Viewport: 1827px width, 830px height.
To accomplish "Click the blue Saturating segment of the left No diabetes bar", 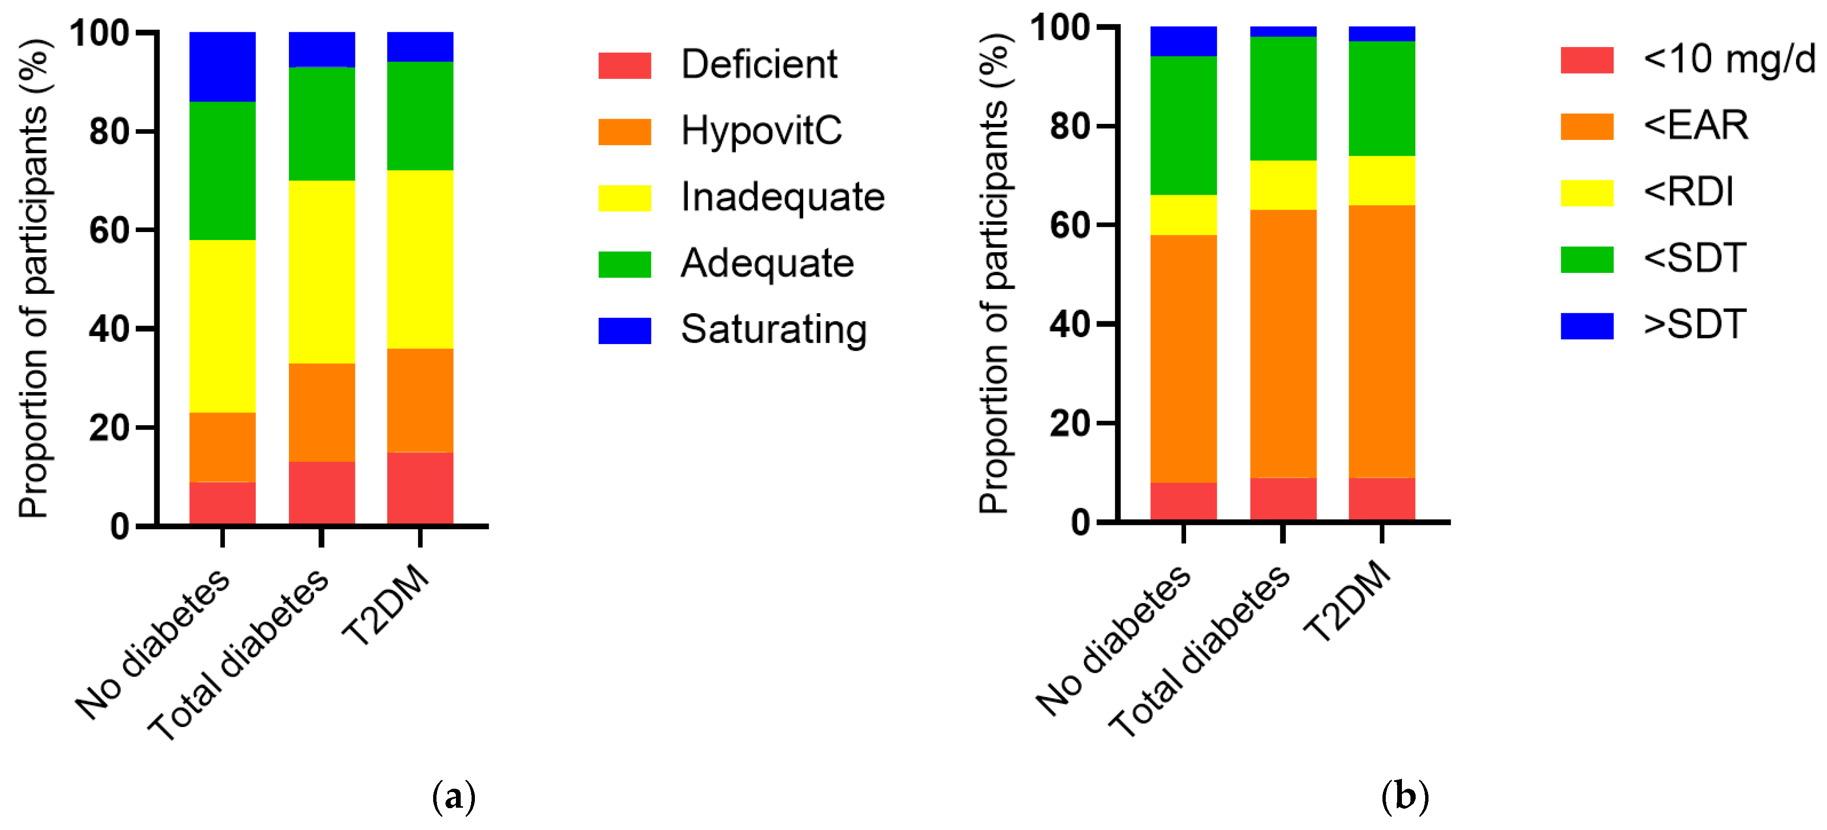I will point(222,67).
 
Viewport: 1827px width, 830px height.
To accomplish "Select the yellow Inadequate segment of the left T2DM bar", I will point(420,259).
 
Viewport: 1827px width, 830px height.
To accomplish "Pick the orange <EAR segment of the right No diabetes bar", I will point(1183,358).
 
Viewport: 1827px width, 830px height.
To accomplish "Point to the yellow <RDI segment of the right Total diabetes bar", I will point(1282,185).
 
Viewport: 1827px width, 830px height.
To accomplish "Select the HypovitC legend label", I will point(761,131).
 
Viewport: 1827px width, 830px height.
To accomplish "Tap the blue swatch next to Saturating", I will point(624,331).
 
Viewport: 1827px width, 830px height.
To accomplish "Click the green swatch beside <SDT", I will point(1586,259).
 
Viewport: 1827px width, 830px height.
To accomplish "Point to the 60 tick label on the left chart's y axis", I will point(109,231).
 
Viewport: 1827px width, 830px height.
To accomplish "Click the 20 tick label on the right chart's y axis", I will point(1069,423).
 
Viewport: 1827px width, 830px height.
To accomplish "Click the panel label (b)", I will point(1404,796).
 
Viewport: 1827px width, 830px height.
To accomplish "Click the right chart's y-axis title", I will point(994,273).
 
